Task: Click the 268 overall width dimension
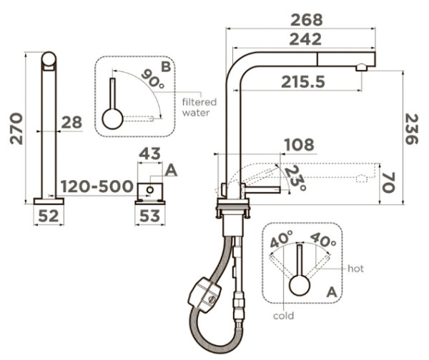tap(307, 20)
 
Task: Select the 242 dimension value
tap(305, 39)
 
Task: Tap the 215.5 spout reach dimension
tap(303, 81)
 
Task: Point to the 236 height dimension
tap(412, 129)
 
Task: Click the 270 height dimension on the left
tap(16, 128)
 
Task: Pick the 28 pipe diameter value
tap(71, 122)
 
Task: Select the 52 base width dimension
tap(49, 216)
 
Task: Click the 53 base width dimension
tap(149, 216)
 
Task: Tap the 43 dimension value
tap(149, 154)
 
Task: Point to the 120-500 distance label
tap(97, 186)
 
